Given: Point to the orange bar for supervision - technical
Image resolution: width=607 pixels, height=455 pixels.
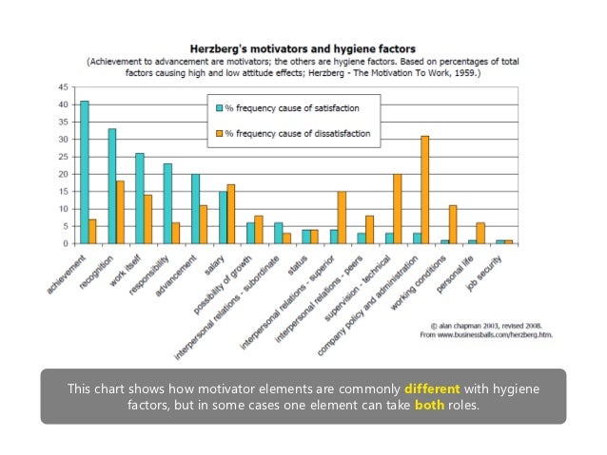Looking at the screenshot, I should tap(397, 209).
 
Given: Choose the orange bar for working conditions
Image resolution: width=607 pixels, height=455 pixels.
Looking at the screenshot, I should tap(453, 224).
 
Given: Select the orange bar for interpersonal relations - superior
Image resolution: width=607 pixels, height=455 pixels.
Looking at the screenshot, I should tap(342, 218).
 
